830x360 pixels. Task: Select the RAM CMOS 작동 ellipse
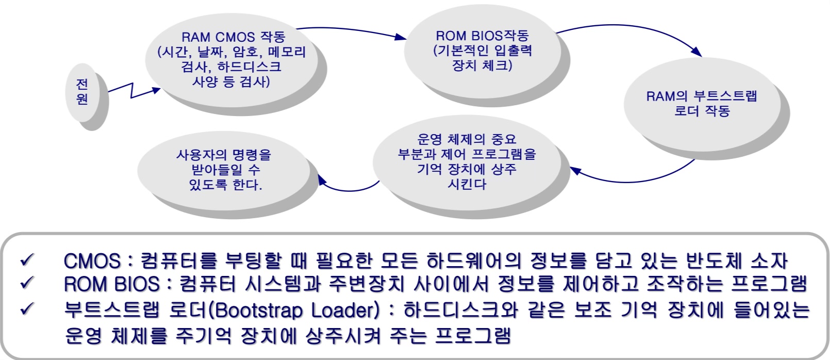(x=231, y=59)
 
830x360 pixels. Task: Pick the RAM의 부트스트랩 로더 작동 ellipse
(x=702, y=103)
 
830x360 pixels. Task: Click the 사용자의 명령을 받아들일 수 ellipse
(x=224, y=170)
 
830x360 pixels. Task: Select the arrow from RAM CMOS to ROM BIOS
(x=351, y=30)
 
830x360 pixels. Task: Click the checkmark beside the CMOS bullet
(x=27, y=259)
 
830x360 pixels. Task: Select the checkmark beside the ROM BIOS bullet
(x=27, y=283)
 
